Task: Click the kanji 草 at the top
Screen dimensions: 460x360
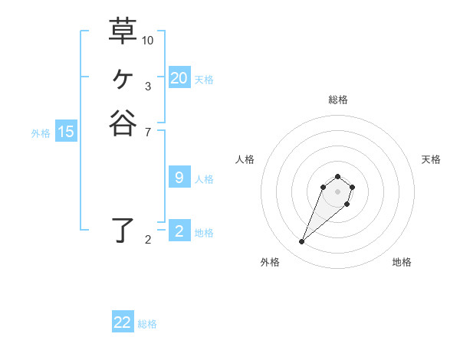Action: pyautogui.click(x=123, y=31)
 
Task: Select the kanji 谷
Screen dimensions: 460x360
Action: pyautogui.click(x=123, y=123)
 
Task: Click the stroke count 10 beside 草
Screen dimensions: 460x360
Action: pyautogui.click(x=148, y=40)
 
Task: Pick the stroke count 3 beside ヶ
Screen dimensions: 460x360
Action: pyautogui.click(x=148, y=87)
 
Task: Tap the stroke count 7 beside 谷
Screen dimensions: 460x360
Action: pyautogui.click(x=148, y=133)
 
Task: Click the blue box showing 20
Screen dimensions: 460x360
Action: pyautogui.click(x=179, y=77)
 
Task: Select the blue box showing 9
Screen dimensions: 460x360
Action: pyautogui.click(x=179, y=178)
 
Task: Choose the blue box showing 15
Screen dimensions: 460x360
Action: pyautogui.click(x=66, y=132)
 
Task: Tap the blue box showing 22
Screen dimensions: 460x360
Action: pyautogui.click(x=123, y=322)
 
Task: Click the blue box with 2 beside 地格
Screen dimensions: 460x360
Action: pyautogui.click(x=179, y=231)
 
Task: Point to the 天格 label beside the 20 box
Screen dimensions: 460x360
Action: pyautogui.click(x=204, y=79)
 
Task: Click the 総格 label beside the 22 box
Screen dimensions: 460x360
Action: pyautogui.click(x=147, y=324)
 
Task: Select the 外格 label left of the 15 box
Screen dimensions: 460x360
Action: pyautogui.click(x=41, y=133)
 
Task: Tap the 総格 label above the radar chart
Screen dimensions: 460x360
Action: pyautogui.click(x=337, y=100)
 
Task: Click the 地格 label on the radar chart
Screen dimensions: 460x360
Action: pyautogui.click(x=402, y=262)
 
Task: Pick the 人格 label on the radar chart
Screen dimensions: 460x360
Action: pyautogui.click(x=245, y=159)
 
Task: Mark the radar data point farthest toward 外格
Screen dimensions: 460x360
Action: pyautogui.click(x=302, y=242)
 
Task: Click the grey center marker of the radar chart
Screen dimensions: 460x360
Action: pyautogui.click(x=337, y=191)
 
